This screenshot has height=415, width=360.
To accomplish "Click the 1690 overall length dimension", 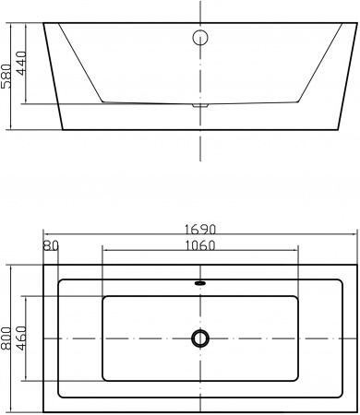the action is tap(200, 230).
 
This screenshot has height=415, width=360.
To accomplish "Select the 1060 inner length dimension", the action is tap(200, 245).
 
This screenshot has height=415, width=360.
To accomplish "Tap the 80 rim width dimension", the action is tap(51, 245).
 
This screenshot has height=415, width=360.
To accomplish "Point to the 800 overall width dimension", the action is tap(6, 338).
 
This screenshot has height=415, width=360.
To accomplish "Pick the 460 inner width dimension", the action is tap(21, 338).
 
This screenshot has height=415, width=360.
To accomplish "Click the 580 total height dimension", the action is tap(6, 77).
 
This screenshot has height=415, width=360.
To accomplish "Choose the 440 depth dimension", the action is tap(21, 63).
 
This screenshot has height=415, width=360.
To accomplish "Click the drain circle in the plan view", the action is tap(200, 338).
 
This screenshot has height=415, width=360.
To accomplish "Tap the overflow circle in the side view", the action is tap(200, 38).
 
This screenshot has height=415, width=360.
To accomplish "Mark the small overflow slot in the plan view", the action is tap(200, 282).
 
